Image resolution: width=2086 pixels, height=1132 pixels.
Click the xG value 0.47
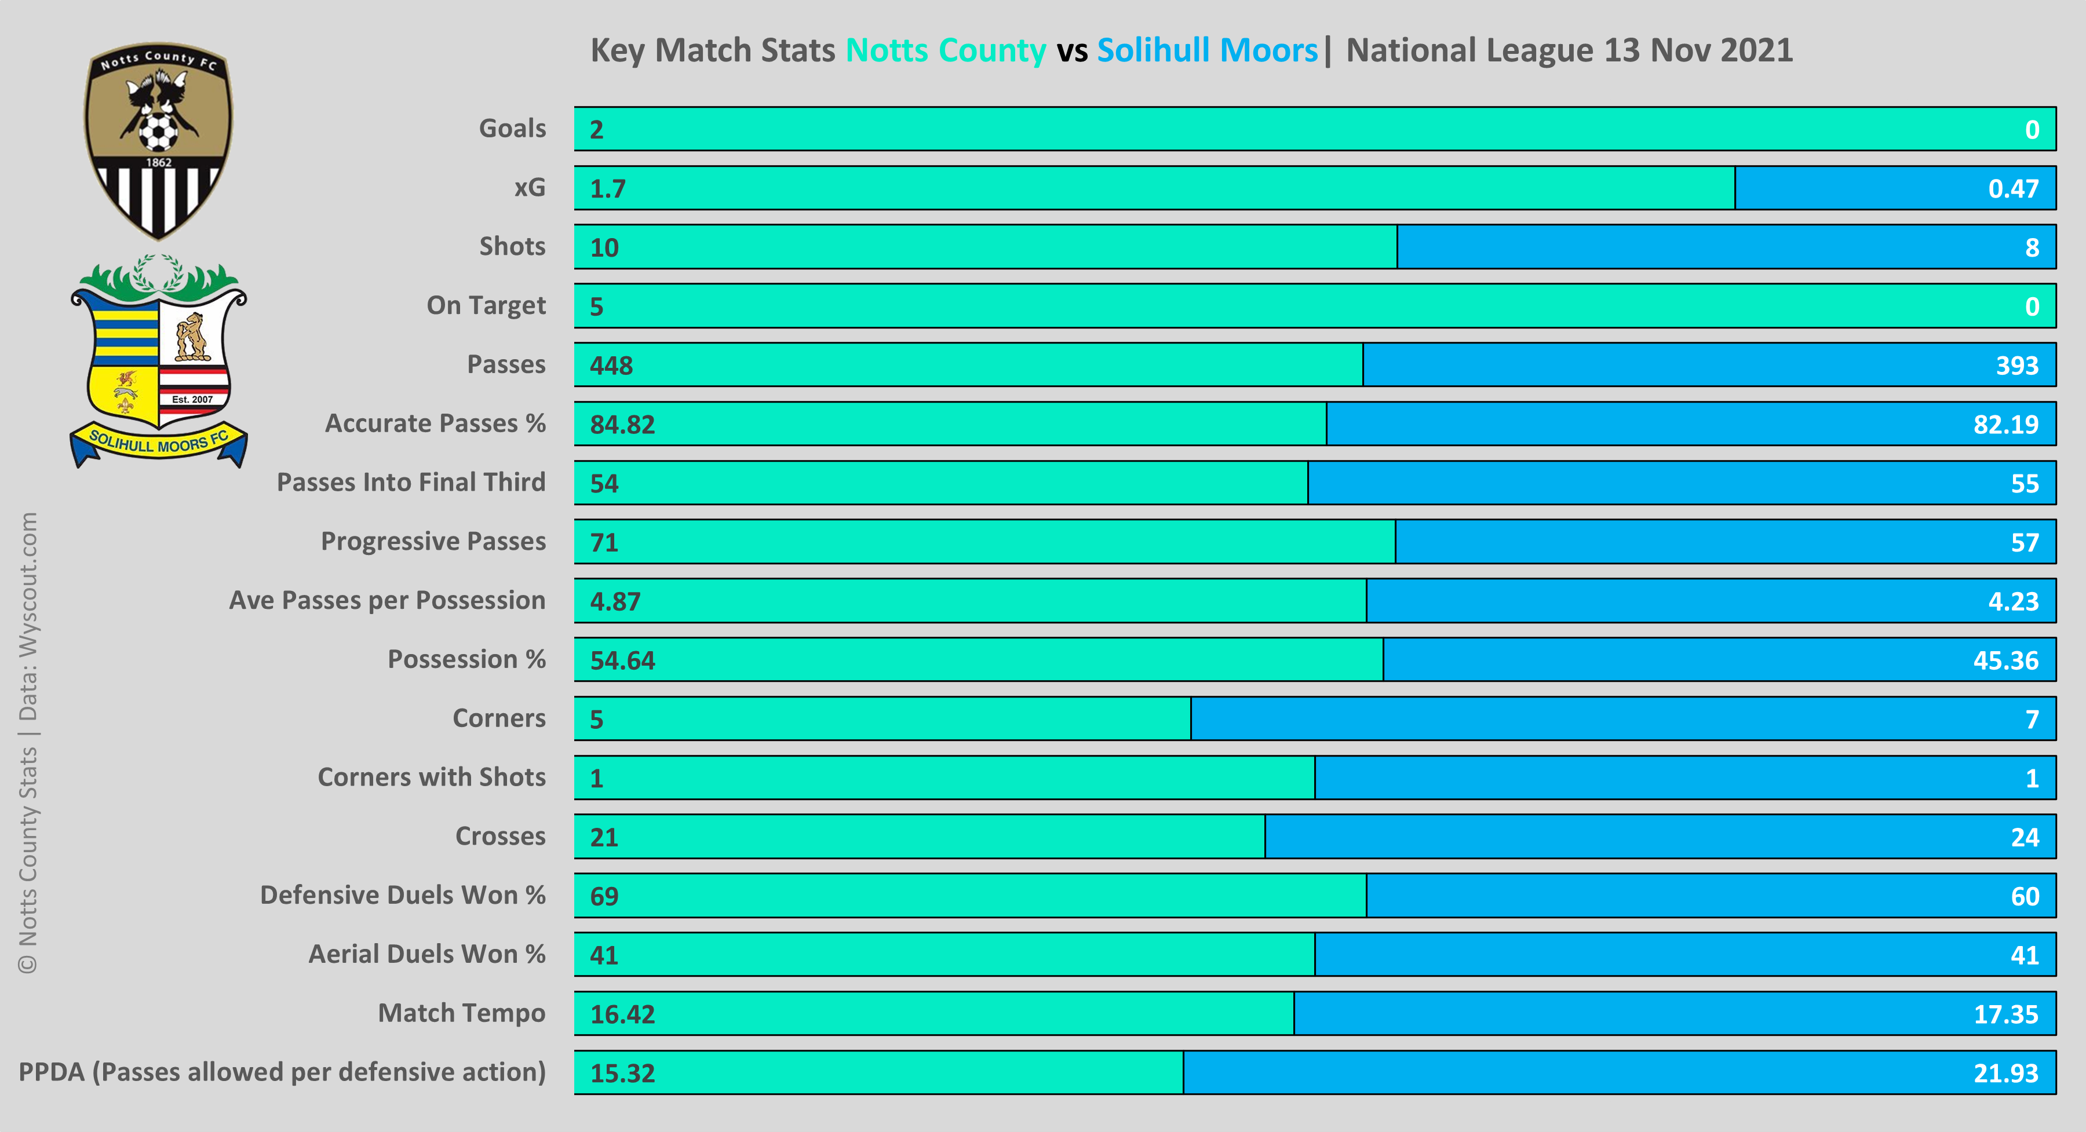[2012, 189]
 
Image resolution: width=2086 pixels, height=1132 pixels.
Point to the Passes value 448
[611, 365]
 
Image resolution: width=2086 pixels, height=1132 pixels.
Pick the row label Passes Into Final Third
[411, 483]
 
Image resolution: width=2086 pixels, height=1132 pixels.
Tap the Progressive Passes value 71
[604, 542]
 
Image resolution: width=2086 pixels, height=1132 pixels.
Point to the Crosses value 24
[2025, 837]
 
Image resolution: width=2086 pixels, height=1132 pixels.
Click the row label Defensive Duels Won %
[403, 896]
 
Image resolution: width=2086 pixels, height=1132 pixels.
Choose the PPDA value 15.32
[622, 1073]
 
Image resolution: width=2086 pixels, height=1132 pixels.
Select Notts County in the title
[946, 50]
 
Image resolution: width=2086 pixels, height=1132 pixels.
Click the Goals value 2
[597, 130]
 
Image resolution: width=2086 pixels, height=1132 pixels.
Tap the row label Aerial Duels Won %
[426, 955]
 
